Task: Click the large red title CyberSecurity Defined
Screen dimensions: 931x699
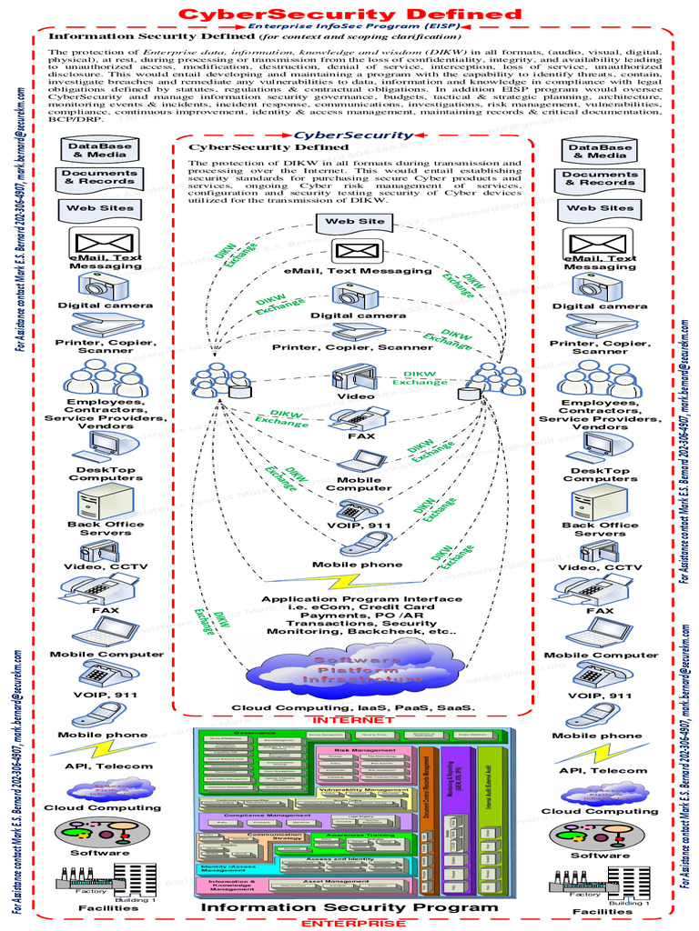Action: tap(349, 14)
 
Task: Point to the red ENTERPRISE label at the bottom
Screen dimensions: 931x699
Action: tap(349, 922)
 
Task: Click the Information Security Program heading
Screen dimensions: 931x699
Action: tap(349, 906)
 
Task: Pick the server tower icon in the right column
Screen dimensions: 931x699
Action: tap(599, 502)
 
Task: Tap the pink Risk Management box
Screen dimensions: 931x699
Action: tap(364, 764)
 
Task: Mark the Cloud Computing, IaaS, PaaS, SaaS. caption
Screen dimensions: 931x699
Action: tap(352, 707)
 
